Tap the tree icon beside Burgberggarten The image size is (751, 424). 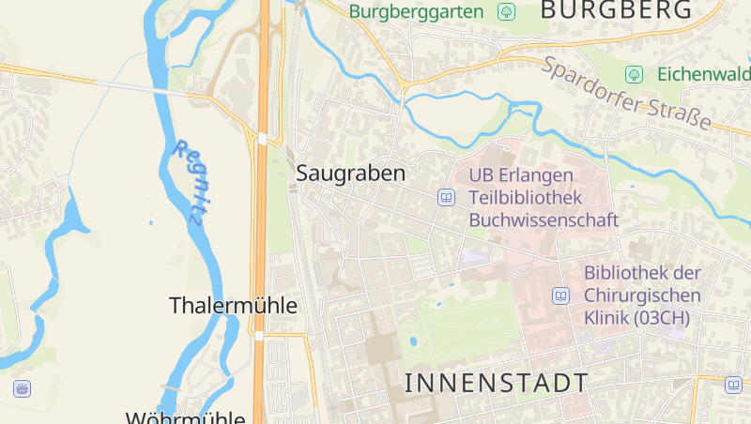tap(507, 12)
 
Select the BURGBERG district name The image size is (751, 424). tap(616, 10)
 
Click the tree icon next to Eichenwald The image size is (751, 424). tap(634, 73)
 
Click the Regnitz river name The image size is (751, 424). tap(189, 181)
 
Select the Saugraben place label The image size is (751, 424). tap(351, 174)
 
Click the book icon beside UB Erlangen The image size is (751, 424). tap(446, 198)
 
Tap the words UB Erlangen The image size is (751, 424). tap(520, 176)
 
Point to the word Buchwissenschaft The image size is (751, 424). tap(544, 220)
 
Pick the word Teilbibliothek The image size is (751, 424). tap(526, 198)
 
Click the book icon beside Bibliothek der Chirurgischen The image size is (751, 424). tap(561, 296)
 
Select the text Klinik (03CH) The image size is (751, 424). tap(636, 318)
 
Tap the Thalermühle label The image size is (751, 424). tap(233, 306)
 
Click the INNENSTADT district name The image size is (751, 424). tap(497, 383)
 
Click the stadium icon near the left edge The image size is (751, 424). tap(21, 387)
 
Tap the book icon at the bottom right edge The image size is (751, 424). tap(733, 384)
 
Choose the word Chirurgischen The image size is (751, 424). tap(643, 295)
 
